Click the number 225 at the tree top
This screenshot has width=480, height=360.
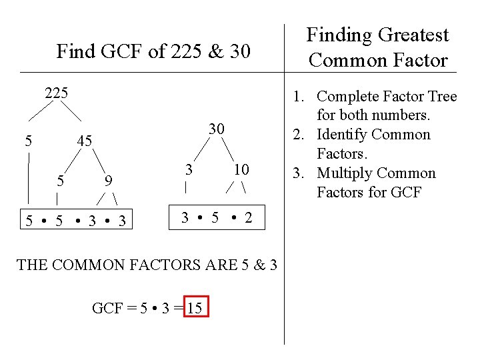coord(56,93)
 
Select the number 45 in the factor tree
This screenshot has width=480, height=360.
coord(84,141)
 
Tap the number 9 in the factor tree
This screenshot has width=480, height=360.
coord(107,180)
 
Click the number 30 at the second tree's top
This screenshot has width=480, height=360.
coord(215,128)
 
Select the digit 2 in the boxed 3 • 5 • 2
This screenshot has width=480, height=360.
coord(248,218)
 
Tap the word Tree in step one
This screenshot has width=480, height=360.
coord(442,97)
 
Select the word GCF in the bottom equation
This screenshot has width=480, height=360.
coord(107,308)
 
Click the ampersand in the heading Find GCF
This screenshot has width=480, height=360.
coord(217,51)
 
